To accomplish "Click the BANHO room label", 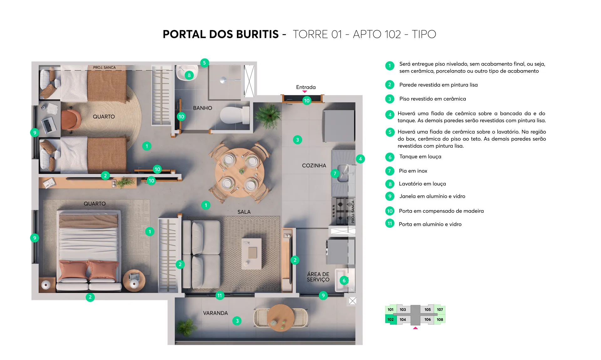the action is [203, 108].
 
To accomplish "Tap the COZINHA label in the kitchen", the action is [314, 165].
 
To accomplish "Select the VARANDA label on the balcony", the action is [215, 313].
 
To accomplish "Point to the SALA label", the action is [244, 212].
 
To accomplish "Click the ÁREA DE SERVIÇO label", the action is [318, 277].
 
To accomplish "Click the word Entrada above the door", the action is [306, 87].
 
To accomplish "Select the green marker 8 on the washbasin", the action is [189, 75].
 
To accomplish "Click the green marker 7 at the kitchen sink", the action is [335, 173].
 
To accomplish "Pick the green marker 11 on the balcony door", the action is [220, 296].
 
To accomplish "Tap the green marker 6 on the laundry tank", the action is [344, 281].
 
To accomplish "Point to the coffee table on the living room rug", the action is [252, 253].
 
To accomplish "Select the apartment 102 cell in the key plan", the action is [391, 319].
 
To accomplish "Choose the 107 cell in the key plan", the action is [440, 309].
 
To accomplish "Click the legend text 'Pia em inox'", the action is [413, 171].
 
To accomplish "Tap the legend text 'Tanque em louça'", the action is [420, 157].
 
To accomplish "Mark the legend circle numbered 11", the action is [390, 223].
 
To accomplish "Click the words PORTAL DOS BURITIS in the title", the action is [221, 34].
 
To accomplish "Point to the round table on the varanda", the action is [280, 318].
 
